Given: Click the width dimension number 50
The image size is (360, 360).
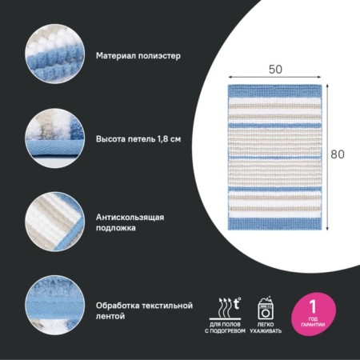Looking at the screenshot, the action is (275, 70).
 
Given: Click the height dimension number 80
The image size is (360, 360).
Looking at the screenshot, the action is (338, 154).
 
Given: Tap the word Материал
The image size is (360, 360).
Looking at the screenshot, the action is (116, 56).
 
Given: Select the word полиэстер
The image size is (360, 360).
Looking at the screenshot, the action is (159, 56).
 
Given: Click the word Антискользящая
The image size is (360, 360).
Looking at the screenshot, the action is (130, 218).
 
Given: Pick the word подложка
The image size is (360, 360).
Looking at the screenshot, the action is (116, 228).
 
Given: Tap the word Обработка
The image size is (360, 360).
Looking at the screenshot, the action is (118, 306).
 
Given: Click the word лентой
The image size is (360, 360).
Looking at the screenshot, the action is (110, 316).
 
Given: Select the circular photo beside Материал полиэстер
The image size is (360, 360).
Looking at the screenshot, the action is (55, 54).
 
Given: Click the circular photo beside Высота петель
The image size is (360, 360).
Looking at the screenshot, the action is (55, 138).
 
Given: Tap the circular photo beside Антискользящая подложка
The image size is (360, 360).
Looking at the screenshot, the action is (55, 222).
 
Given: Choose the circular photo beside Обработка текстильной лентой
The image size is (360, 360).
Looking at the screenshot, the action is (55, 306).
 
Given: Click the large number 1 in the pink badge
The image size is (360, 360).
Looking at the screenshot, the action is (313, 306).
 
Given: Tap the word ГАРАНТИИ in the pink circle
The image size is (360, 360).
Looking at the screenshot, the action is (313, 325).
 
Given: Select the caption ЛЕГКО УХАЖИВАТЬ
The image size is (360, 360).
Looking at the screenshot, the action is (266, 328).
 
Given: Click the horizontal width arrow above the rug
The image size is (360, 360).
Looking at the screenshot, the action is (275, 77).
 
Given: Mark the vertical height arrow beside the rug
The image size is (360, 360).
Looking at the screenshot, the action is (327, 158).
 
